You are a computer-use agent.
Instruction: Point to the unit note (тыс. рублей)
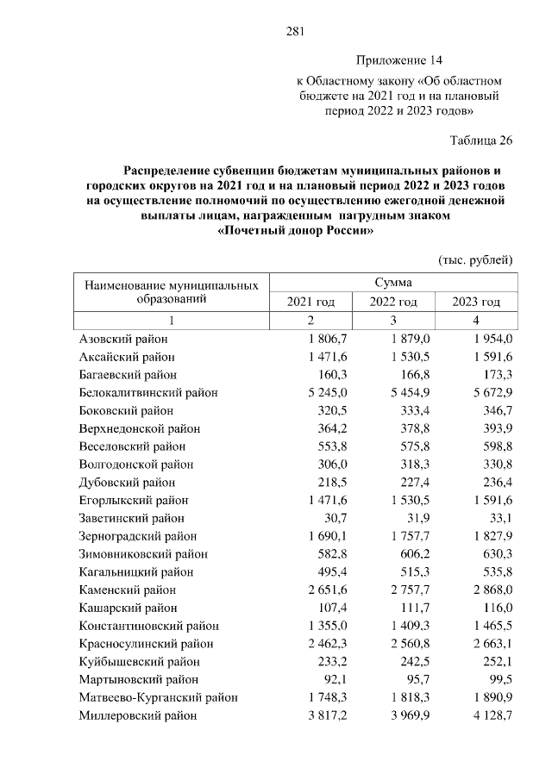pyautogui.click(x=476, y=259)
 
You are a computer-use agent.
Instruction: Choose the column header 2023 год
pyautogui.click(x=476, y=301)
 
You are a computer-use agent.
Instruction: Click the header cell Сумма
pyautogui.click(x=392, y=282)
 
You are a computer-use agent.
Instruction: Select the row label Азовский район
pyautogui.click(x=123, y=339)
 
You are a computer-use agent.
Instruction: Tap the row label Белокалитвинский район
pyautogui.click(x=147, y=393)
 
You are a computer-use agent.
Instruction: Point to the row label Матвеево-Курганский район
pyautogui.click(x=158, y=697)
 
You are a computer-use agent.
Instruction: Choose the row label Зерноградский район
pyautogui.click(x=135, y=536)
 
